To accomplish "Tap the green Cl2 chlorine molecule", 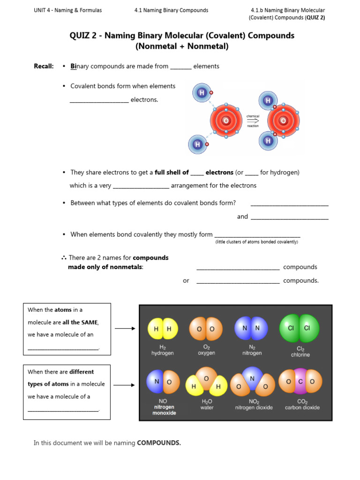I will click(x=299, y=328).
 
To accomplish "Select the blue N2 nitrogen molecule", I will click(x=251, y=328).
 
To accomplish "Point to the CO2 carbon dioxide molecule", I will click(x=300, y=382).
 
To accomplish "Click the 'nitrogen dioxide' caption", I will click(x=254, y=407).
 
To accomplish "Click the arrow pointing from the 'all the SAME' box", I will click(x=125, y=329).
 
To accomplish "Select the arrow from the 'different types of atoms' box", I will click(x=125, y=385).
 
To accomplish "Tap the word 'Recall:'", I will click(x=44, y=66).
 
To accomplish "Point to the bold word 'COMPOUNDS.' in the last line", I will click(x=159, y=443).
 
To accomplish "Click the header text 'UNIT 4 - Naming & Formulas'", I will click(x=68, y=10).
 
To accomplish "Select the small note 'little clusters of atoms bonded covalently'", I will click(x=256, y=242).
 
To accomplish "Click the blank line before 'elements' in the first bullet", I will click(x=180, y=67).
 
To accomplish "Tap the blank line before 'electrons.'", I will click(x=99, y=101).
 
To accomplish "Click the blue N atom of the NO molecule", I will click(x=157, y=382).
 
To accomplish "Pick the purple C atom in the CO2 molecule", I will click(x=300, y=382).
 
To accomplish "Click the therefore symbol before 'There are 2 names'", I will click(x=63, y=258).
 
